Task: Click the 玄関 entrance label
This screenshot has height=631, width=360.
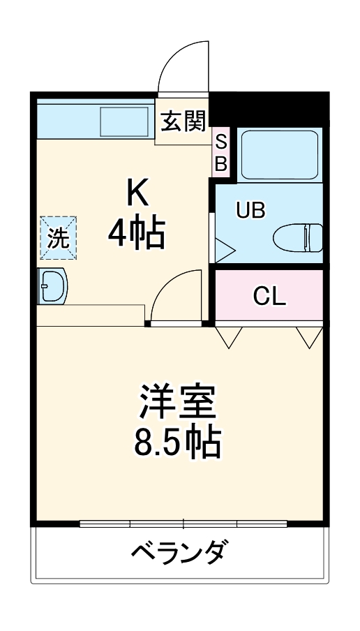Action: [x=184, y=122]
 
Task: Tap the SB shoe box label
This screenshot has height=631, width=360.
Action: [x=220, y=153]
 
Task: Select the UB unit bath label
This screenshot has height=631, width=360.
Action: [x=250, y=211]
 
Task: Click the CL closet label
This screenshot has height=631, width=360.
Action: [x=269, y=297]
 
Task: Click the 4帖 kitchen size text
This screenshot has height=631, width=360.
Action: [x=136, y=234]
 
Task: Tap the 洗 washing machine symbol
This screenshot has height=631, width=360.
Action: [x=59, y=238]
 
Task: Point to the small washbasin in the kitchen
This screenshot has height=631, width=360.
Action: [x=52, y=286]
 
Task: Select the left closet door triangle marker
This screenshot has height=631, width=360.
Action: [x=228, y=337]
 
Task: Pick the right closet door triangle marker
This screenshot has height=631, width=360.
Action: [x=308, y=337]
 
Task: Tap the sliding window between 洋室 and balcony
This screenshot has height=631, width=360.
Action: [x=184, y=523]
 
